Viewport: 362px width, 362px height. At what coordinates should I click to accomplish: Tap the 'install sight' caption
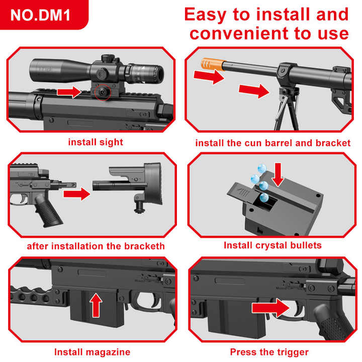[x=96, y=142]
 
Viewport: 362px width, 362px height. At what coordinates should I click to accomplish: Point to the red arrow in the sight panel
[x=69, y=92]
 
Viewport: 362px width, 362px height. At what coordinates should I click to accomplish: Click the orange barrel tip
[x=212, y=64]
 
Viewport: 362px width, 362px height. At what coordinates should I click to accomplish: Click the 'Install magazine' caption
[x=92, y=352]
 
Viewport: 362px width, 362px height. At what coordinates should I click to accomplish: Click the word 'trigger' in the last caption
[x=291, y=352]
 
